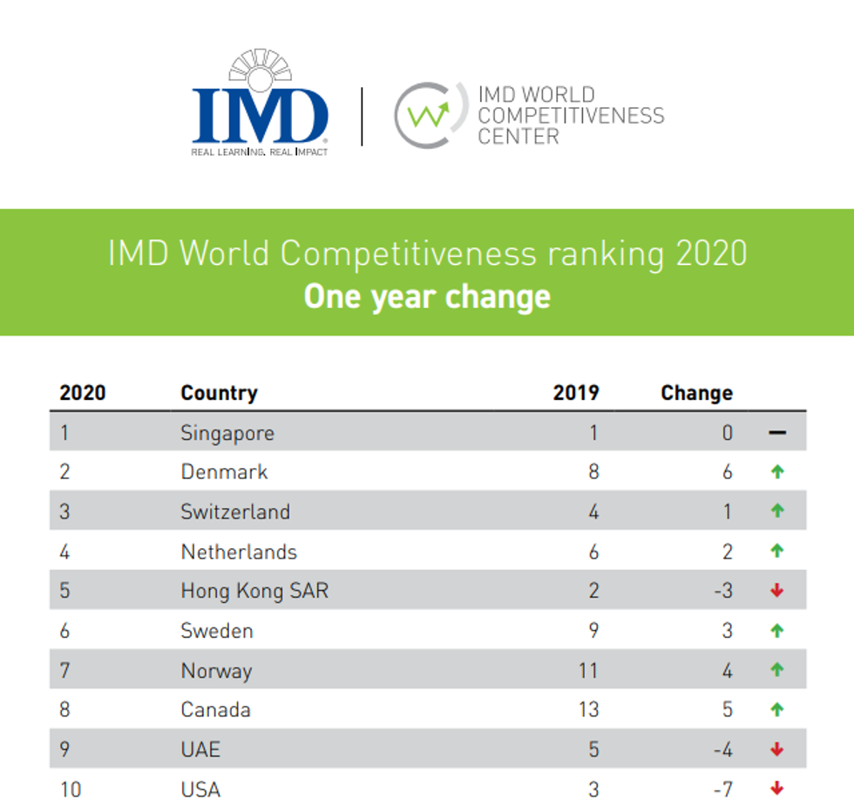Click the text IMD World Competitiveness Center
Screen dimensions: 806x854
tap(570, 115)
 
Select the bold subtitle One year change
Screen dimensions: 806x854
tap(427, 296)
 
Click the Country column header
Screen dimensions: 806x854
tap(219, 393)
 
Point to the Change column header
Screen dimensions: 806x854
tap(696, 393)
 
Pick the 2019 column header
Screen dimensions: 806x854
tap(576, 393)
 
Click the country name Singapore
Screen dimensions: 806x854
tap(227, 433)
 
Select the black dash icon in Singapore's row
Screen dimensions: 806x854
tap(777, 433)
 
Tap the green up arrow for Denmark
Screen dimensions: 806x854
tap(777, 472)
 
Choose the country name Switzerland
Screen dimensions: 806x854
tap(235, 511)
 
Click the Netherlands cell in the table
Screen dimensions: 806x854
tap(239, 552)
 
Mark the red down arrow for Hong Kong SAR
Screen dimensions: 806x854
tap(777, 591)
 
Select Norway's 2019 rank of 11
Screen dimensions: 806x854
tap(588, 670)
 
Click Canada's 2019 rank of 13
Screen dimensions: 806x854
tap(588, 709)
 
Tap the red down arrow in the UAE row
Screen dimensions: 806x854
tap(777, 749)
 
